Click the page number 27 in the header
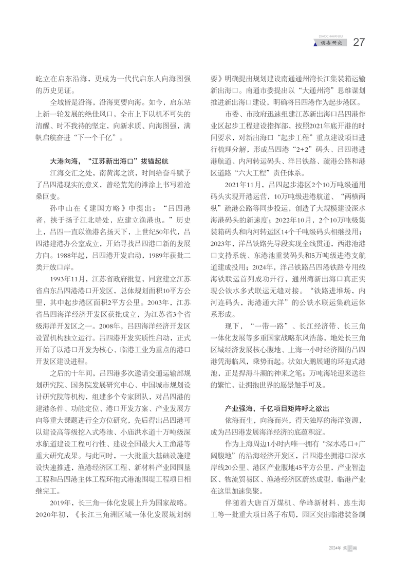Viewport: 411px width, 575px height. (359, 42)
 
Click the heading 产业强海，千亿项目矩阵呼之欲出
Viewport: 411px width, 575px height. (276, 408)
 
